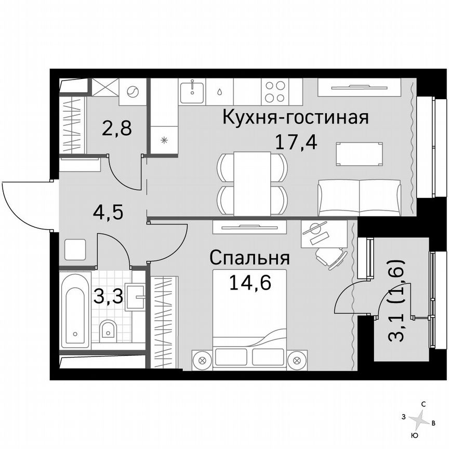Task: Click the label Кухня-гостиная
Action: coord(295,117)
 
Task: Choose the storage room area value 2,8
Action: coord(116,128)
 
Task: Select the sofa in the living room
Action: coord(360,197)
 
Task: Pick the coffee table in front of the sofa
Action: coord(361,154)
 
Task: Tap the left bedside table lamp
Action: coord(203,359)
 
